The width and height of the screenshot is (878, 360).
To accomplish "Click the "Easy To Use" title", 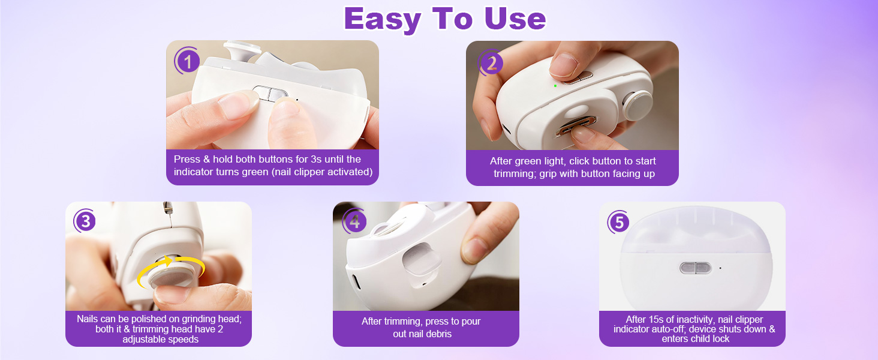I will tap(444, 19).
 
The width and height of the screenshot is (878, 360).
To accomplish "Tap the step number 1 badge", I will tap(188, 61).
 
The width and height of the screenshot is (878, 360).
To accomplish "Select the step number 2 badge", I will tap(491, 62).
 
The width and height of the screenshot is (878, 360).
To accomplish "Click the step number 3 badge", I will tap(85, 221).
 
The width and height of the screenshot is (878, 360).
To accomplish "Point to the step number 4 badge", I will tap(354, 222).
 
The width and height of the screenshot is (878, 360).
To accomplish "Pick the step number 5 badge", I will tap(618, 223).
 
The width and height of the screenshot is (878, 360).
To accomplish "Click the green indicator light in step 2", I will tap(555, 86).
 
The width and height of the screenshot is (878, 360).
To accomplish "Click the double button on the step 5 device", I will tap(696, 268).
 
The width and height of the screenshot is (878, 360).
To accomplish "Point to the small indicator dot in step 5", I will tap(720, 268).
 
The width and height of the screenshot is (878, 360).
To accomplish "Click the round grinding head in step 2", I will tap(637, 106).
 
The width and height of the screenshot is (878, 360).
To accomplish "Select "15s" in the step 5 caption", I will tap(655, 320).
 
